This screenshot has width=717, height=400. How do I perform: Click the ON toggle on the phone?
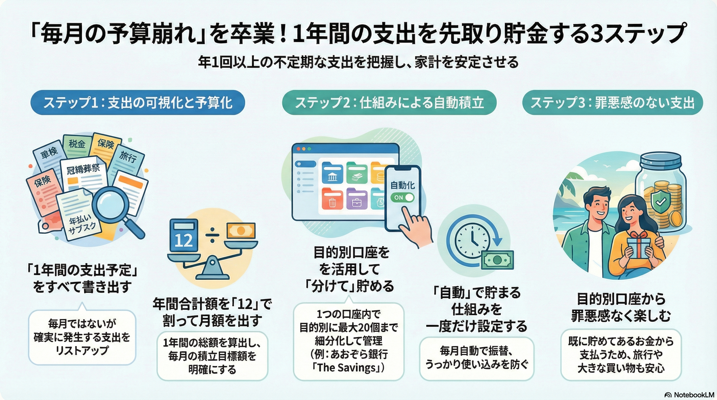pyautogui.click(x=402, y=197)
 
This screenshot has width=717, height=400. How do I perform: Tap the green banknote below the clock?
pyautogui.click(x=497, y=260)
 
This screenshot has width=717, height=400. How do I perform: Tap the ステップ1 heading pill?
pyautogui.click(x=138, y=103)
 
